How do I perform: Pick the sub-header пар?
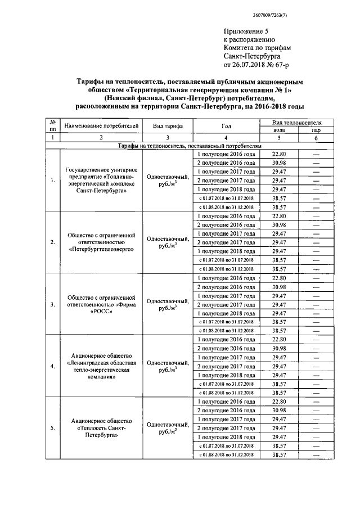(316, 129)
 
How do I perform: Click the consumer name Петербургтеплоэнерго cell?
(101, 242)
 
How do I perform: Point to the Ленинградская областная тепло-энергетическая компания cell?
(101, 366)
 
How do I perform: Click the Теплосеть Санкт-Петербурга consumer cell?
(101, 428)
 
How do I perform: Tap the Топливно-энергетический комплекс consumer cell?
(101, 181)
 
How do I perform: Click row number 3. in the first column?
(52, 304)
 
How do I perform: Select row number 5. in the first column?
(52, 428)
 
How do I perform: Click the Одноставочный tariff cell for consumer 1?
(167, 180)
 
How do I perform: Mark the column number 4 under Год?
(226, 137)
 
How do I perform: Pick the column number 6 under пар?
(316, 137)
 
